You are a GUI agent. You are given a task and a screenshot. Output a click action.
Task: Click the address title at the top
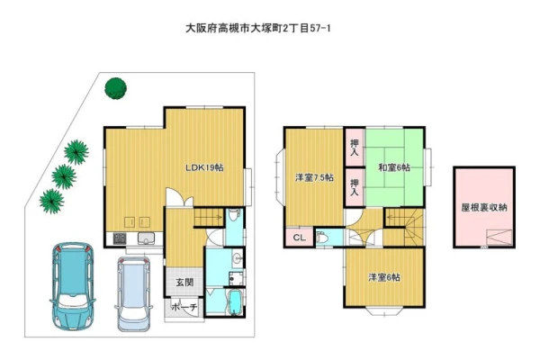(x=258, y=28)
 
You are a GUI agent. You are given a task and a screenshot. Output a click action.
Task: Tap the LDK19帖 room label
(x=204, y=167)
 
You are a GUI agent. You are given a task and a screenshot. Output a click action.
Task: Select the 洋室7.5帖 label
(x=314, y=178)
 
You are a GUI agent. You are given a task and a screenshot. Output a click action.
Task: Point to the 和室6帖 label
(x=394, y=167)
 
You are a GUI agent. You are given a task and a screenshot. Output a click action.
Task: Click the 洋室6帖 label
(x=384, y=277)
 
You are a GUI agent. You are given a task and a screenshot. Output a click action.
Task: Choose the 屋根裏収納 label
(x=484, y=207)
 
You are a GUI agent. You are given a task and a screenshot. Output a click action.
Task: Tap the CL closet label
(x=300, y=238)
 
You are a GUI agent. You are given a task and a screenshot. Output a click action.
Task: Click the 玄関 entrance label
(x=184, y=283)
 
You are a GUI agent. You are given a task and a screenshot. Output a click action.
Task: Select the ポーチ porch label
(x=184, y=307)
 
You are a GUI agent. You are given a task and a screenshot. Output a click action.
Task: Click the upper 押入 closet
(x=355, y=147)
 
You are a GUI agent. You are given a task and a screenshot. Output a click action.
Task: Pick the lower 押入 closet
(x=355, y=187)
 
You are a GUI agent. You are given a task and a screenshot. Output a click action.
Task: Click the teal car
(x=73, y=285)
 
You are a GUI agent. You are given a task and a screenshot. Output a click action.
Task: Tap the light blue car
(x=133, y=294)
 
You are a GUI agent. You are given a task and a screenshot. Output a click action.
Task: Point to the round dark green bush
(x=116, y=88)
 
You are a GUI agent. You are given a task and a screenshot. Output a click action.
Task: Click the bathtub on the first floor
(x=236, y=302)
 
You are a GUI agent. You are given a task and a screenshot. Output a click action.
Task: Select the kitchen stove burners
(x=119, y=238)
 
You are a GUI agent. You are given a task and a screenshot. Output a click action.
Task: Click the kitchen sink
(x=147, y=238)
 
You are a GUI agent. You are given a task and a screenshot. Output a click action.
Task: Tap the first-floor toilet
(x=234, y=214)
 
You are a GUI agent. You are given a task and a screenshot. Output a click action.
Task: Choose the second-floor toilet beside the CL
(x=322, y=238)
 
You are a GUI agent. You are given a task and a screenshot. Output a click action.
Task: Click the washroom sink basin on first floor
(x=238, y=258)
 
